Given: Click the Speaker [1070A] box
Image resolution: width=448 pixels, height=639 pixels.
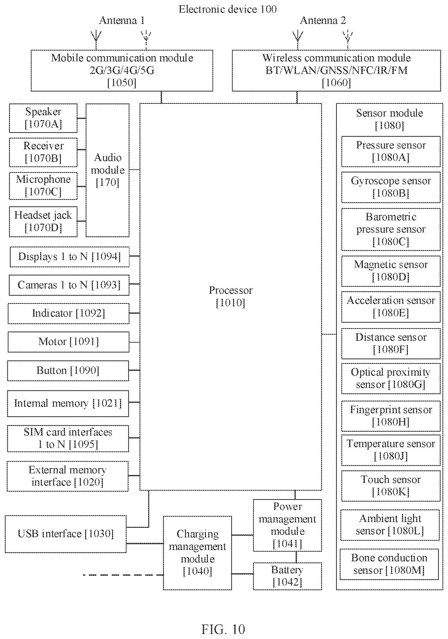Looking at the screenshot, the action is pos(43,118).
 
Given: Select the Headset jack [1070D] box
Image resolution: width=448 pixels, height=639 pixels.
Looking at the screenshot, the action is pos(43,222).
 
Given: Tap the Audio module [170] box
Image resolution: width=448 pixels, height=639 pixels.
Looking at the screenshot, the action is pos(107,170).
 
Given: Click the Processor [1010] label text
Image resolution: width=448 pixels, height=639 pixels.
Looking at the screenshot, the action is pos(230,296).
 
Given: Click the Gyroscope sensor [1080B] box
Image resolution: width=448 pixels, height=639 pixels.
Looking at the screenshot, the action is pos(391,187).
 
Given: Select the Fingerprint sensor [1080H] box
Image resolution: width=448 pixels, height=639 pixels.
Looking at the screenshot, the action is pos(391,416).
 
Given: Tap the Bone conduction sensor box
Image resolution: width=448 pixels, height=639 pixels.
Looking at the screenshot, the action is pos(389,564).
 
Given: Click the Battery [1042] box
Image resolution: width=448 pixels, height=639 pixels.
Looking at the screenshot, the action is pos(287,576).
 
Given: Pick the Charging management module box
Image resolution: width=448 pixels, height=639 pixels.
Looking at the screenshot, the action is pos(198,553).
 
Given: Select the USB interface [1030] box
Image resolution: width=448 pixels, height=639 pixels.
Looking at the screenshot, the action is pos(66,534).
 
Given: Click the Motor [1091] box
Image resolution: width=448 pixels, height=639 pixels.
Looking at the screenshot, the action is pos(68,342).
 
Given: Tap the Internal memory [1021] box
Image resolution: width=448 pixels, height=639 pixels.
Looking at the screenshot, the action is pos(68,404).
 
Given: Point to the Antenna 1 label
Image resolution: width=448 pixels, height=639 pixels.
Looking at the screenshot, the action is pos(122,20).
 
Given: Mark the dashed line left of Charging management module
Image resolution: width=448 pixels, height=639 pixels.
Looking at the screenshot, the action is pos(123,575).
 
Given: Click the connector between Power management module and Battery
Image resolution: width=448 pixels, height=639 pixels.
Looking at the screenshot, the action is pos(296,557).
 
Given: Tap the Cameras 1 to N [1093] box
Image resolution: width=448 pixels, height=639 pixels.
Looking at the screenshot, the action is pos(69,285).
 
